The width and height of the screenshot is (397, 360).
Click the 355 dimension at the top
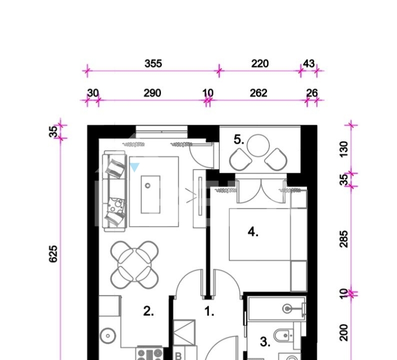[x=153, y=63]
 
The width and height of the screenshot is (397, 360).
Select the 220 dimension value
[x=260, y=63]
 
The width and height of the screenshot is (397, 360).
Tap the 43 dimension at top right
[x=309, y=63]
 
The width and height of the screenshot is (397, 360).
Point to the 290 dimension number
[x=152, y=93]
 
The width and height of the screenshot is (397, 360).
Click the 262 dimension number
[x=258, y=93]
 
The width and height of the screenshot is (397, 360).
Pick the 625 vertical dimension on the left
[x=53, y=254]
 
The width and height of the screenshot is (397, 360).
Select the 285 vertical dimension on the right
[x=344, y=239]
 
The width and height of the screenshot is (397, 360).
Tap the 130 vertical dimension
[x=344, y=149]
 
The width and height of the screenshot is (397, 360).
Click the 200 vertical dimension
[x=344, y=332]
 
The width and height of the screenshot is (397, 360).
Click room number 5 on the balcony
[x=239, y=139]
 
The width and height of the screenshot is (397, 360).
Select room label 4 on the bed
[x=253, y=232]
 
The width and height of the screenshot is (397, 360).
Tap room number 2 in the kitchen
[x=148, y=311]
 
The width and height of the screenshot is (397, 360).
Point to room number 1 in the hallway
[x=209, y=311]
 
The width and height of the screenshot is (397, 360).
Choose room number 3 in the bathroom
[x=265, y=342]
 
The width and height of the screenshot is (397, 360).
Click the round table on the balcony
[x=258, y=145]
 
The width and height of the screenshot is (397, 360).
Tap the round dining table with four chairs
[x=134, y=265]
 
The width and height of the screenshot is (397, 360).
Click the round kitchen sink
[x=108, y=335]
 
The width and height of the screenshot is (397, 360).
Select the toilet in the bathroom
[x=285, y=335]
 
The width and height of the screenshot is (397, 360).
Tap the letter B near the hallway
[x=178, y=356]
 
